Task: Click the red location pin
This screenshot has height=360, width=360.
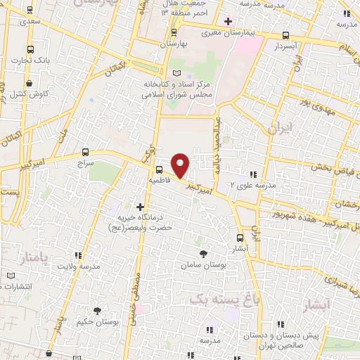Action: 181,165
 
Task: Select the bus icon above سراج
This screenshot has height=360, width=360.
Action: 85,151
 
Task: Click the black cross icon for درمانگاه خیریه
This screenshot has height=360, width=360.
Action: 141,207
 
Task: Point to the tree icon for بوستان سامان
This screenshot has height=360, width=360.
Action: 203,253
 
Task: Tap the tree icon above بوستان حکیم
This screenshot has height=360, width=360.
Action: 97,310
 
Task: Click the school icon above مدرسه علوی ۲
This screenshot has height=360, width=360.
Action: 252,174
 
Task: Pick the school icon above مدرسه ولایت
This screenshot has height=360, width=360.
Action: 79,256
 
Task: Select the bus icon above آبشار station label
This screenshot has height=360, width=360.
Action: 240,238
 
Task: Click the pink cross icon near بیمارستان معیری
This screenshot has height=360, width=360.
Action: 227,21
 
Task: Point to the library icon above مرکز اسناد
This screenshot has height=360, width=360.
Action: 176,73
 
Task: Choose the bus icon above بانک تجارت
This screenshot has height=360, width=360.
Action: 30,49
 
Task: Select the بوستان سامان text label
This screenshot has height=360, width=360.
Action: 202,265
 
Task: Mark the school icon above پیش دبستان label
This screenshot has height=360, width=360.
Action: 280,324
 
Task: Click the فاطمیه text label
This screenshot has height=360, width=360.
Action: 159,180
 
